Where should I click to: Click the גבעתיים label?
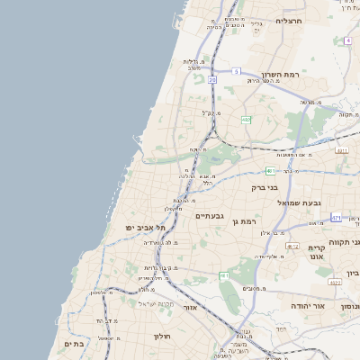209,216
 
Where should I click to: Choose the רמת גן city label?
244,221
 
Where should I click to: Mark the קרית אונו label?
316,253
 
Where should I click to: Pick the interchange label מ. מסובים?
253,288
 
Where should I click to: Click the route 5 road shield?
236,70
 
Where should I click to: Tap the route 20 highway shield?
212,80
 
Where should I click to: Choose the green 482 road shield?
246,119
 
